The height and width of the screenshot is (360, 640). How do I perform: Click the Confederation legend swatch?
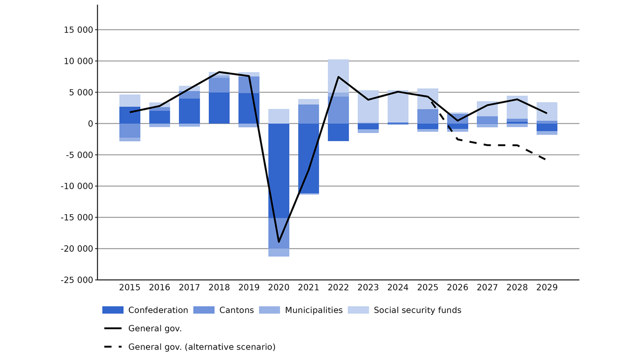coord(113,310)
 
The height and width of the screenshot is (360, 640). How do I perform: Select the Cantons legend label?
coord(236,310)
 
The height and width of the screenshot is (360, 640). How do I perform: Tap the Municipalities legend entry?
coord(314,310)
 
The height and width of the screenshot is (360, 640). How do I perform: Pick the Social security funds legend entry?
coord(417,310)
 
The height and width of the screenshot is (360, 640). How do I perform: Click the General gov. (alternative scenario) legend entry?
coord(201,347)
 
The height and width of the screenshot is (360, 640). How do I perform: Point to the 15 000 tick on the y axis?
coord(79,30)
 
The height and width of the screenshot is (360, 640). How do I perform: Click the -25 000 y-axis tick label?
coord(77,280)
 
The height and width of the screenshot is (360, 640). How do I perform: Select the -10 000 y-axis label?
coord(77,186)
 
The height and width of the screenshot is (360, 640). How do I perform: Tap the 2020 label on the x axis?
coord(279,287)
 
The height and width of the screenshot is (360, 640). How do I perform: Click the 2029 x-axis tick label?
coord(547,287)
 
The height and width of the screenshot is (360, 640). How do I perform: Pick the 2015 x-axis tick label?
coord(130,287)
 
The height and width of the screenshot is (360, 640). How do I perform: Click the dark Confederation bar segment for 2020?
coord(279,171)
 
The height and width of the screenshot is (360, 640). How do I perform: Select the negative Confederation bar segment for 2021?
coord(308,158)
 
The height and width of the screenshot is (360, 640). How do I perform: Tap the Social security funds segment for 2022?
coord(338,76)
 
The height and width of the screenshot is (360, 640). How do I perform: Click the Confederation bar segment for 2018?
coord(219,108)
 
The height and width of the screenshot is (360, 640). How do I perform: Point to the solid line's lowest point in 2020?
coord(279,242)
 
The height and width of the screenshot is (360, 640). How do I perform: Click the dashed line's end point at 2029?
coord(546,160)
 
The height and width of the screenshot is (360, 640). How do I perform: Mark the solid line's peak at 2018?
coord(219,72)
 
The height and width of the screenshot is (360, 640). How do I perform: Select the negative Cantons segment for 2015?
coord(130,131)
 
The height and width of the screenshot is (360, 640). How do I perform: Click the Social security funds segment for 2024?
coord(398,107)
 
